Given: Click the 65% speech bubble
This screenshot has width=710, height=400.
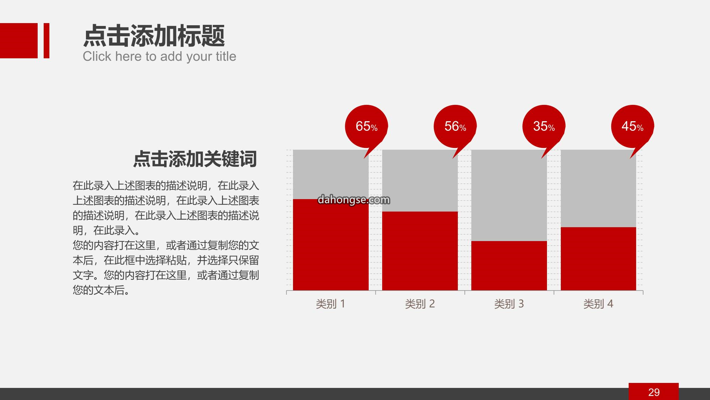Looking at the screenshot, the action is (366, 127).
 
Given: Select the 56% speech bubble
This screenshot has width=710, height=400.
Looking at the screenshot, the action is (455, 127).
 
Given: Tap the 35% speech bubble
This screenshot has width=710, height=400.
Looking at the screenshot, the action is (544, 127).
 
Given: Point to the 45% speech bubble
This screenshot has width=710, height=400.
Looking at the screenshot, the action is (633, 127).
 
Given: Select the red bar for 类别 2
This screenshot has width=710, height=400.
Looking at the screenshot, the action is (420, 251).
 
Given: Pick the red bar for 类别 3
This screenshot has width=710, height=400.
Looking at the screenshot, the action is (509, 266).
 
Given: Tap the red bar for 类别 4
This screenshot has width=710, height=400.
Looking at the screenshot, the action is (598, 259).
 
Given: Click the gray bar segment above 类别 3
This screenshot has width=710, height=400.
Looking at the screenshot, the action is (509, 196).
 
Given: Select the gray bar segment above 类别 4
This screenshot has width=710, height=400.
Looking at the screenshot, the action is (598, 188).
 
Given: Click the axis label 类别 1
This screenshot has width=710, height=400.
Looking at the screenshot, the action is (331, 304).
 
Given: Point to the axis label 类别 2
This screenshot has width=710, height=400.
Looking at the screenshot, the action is (420, 304).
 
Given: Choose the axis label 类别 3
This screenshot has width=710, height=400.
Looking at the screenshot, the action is (509, 304).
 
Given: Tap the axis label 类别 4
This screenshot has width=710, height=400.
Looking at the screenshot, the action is (598, 304).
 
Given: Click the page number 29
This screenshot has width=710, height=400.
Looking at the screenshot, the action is (654, 392).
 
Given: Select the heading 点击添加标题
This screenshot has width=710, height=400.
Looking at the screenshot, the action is (154, 36).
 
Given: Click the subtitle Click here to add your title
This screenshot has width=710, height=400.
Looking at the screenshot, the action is (159, 57).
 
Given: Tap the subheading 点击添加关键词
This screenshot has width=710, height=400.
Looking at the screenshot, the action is (195, 159).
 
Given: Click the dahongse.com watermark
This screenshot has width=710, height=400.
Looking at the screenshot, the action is (354, 200).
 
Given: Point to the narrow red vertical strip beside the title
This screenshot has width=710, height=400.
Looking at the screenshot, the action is (47, 41).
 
